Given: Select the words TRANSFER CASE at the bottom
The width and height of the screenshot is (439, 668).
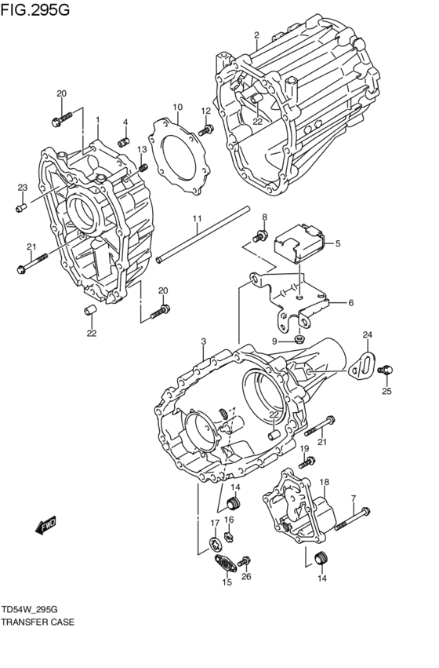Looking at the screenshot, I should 38,622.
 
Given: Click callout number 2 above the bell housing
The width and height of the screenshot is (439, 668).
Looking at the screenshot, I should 256,35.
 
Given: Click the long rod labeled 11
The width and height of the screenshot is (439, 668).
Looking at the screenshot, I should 201,235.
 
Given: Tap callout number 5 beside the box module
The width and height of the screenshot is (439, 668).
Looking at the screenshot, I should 338,243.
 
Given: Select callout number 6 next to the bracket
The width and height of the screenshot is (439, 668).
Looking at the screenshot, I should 350,302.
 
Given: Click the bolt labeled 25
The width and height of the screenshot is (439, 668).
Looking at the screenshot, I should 388,369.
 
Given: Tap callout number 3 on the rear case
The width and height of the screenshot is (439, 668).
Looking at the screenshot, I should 203,341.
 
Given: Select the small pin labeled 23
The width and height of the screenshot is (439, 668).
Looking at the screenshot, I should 21,207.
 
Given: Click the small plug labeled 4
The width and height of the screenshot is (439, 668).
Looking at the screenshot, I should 123,141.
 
